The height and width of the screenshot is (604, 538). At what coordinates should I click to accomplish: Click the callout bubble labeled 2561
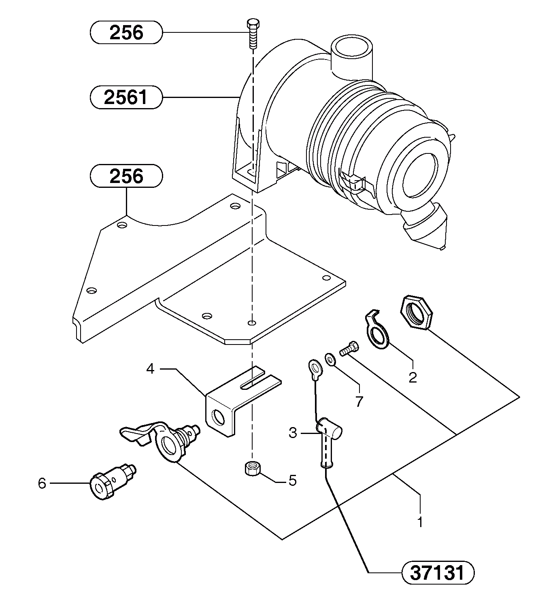pyautogui.click(x=126, y=98)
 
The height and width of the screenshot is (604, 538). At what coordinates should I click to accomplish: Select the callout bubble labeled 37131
pyautogui.click(x=437, y=573)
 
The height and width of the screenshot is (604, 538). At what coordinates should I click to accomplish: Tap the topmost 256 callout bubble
pyautogui.click(x=126, y=32)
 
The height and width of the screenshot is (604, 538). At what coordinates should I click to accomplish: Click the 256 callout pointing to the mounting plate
pyautogui.click(x=126, y=176)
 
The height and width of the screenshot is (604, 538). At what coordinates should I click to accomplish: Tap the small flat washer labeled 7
pyautogui.click(x=330, y=359)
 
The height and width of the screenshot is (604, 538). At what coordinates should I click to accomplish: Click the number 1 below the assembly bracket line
pyautogui.click(x=420, y=522)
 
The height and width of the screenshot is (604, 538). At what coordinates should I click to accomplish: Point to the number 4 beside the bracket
pyautogui.click(x=150, y=369)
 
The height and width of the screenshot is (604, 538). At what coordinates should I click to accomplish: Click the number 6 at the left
pyautogui.click(x=42, y=483)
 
